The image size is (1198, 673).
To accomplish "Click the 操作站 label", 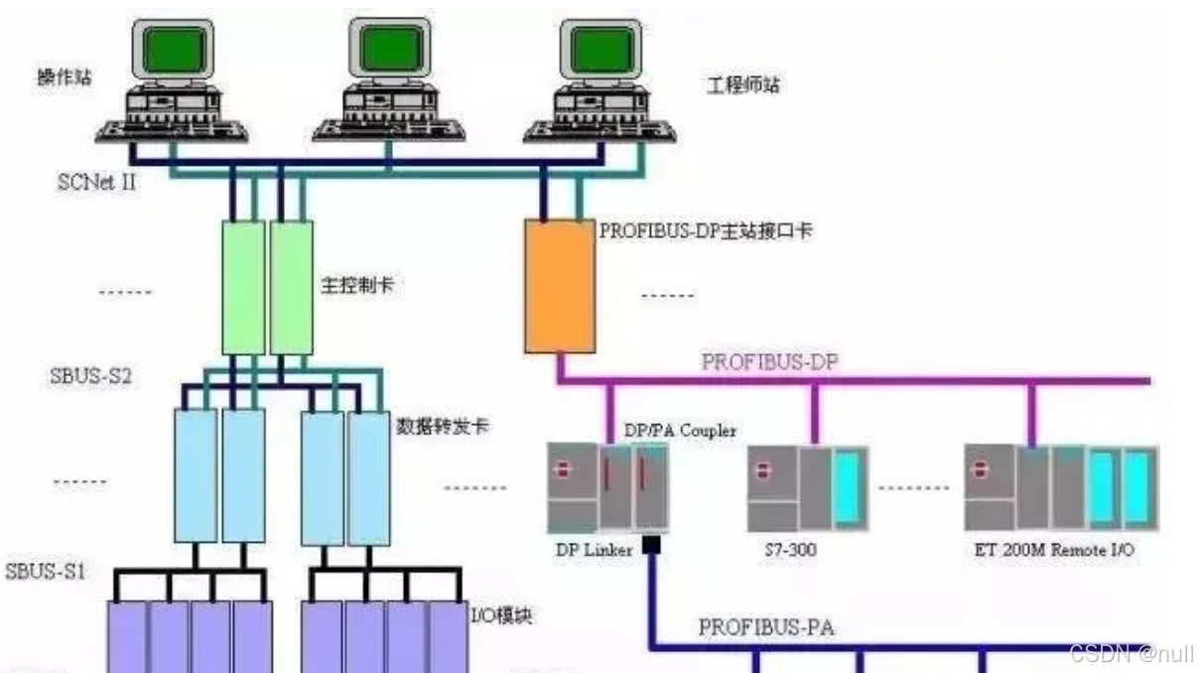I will pos(65,76).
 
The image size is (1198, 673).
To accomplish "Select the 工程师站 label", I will pos(742,84).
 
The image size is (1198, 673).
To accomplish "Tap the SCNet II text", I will pos(95,184).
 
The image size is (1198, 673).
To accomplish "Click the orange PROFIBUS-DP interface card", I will pos(560,285).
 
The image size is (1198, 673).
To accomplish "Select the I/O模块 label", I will pos(501,615).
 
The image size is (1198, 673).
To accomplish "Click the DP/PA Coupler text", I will pos(680,430).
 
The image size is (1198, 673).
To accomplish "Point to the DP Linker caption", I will pos(595,549).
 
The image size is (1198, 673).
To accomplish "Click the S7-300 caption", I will pos(791,549).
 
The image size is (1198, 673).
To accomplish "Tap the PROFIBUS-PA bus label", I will pos(766,627).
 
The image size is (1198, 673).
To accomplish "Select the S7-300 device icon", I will pos(807,487).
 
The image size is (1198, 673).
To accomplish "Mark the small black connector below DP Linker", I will pos(651,543).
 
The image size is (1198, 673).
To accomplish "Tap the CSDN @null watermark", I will pos(1131,653).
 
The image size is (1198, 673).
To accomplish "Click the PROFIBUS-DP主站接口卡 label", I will pos(706,229).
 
